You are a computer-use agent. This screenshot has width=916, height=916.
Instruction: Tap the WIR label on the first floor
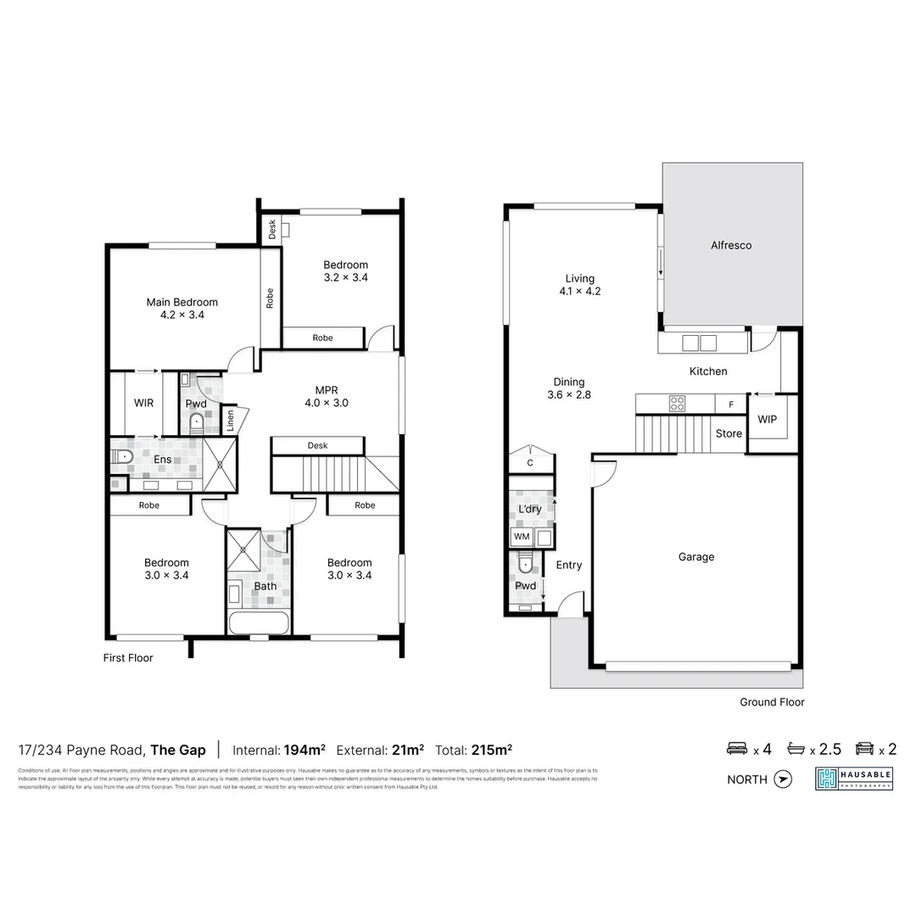(143, 403)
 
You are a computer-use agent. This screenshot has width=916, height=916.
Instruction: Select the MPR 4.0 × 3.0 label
(327, 397)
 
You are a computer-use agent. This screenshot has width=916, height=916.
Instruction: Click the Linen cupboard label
(229, 420)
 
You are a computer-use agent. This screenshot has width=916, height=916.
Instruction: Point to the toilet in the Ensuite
(121, 458)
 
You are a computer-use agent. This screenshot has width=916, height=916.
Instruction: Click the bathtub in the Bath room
(259, 623)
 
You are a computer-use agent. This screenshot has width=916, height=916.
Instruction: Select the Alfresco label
(730, 245)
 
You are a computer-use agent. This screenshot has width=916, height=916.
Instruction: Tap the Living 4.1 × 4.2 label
(580, 285)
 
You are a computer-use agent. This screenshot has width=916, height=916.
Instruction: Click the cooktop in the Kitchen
(677, 404)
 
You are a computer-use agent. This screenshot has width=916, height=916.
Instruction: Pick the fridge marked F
(729, 405)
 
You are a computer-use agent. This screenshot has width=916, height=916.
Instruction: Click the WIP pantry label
(767, 420)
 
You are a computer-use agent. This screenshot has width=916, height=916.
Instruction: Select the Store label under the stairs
(729, 433)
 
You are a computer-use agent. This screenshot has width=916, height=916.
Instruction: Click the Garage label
(695, 557)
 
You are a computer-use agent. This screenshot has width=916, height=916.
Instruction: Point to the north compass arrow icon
(783, 779)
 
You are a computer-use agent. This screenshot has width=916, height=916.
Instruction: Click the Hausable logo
(853, 779)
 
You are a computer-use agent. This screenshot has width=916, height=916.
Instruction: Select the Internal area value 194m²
(305, 750)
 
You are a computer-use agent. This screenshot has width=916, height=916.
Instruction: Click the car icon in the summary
(864, 749)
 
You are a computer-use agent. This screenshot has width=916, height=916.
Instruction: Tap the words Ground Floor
(772, 702)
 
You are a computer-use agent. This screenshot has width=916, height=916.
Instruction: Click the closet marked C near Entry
(530, 463)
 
